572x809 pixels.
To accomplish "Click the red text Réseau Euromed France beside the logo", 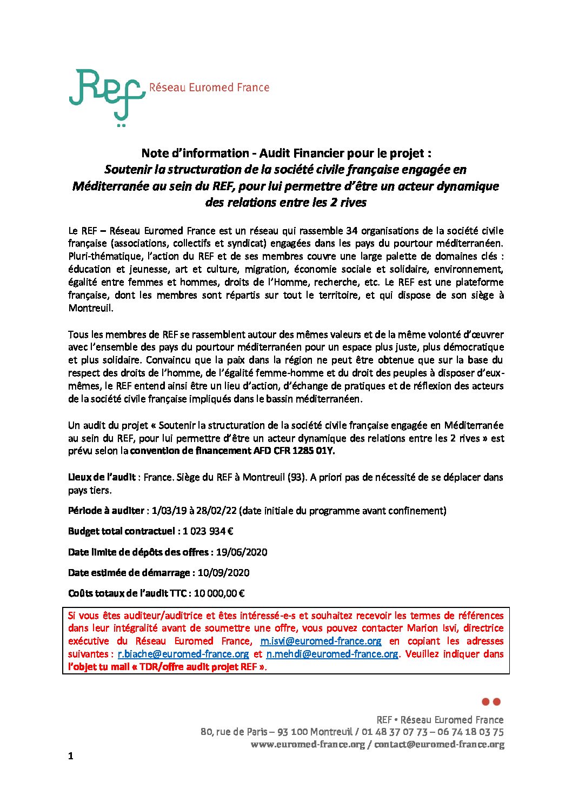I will click(209, 88).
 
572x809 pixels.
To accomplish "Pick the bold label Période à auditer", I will click(106, 511).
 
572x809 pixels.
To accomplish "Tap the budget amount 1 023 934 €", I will click(208, 531).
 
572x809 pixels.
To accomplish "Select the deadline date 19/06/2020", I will click(241, 552).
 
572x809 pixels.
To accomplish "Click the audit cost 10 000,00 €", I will click(219, 593).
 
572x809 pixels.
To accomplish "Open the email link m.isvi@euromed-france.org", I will click(321, 641).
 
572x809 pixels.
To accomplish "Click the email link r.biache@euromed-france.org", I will click(183, 654).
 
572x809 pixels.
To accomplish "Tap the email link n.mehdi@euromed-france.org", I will click(332, 654).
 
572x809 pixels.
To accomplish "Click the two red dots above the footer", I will click(491, 702).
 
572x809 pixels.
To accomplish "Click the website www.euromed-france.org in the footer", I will click(308, 745).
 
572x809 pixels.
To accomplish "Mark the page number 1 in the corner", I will click(71, 756).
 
